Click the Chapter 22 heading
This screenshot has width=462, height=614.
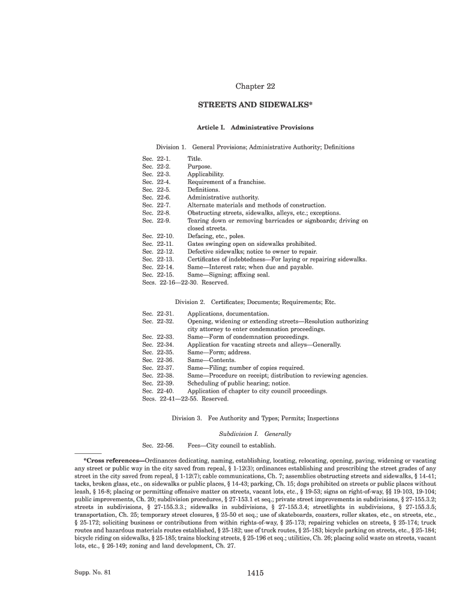[255, 87]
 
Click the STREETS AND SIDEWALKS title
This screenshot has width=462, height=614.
[255, 105]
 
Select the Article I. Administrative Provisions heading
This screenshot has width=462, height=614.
[255, 128]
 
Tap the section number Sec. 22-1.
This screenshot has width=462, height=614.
[157, 158]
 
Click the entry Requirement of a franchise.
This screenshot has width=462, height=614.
[226, 182]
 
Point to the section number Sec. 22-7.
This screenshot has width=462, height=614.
[157, 205]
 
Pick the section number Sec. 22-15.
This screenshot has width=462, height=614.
[158, 275]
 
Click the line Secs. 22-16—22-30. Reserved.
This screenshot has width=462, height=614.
[185, 283]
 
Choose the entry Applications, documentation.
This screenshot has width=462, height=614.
[228, 314]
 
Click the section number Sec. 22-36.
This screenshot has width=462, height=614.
[158, 360]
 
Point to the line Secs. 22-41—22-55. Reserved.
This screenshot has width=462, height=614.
[185, 399]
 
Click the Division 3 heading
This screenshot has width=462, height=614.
[255, 418]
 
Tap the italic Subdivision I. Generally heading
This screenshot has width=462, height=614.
[255, 434]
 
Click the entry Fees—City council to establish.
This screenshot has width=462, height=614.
[231, 446]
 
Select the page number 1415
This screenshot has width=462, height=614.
[255, 573]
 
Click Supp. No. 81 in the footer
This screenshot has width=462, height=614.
[92, 573]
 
